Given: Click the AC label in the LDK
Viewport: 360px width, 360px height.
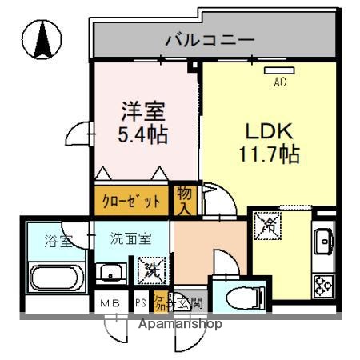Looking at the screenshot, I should tap(280, 81).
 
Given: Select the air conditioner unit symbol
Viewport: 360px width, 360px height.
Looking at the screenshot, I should tap(280, 70).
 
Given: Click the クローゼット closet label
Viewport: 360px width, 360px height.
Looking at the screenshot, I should tap(130, 200).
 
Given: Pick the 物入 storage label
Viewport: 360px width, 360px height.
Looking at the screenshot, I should tap(184, 199).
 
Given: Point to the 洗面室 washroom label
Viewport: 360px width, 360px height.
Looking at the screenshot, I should tap(130, 238).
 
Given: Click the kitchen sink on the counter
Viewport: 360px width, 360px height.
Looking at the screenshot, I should tap(324, 239).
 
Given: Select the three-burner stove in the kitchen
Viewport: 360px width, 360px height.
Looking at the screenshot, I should tap(323, 283).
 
